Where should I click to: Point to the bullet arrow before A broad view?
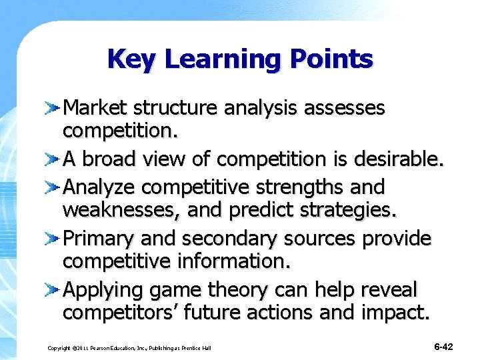click(x=53, y=159)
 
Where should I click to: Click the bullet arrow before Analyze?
click(x=53, y=185)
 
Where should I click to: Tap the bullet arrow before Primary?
click(x=53, y=238)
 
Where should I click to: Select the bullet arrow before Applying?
click(x=53, y=290)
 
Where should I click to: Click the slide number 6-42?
click(x=443, y=347)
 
